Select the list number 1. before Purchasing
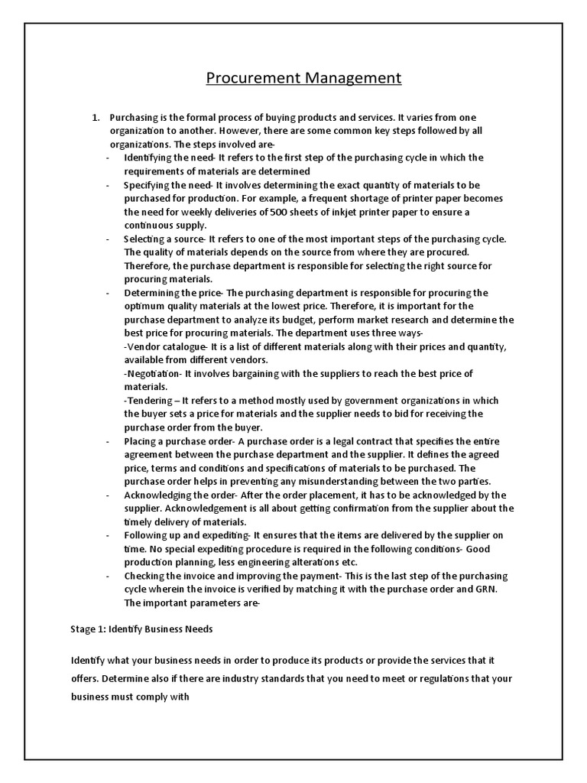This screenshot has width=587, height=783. tap(96, 117)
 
